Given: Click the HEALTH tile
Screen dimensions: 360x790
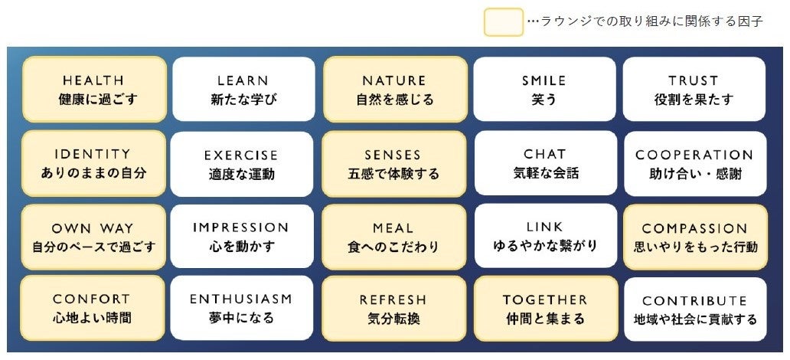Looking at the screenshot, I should point(93,90).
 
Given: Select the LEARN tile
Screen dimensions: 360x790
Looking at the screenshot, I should point(243,90).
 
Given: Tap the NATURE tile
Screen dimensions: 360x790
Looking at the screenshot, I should point(394,90).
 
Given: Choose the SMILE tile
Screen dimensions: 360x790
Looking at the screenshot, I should point(544,90).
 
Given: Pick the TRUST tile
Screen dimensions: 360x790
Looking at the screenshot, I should point(694,90).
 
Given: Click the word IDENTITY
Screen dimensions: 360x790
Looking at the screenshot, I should point(93,154).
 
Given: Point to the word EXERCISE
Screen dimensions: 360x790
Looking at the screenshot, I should point(241,155).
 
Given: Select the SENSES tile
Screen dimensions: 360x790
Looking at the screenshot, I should point(393,164).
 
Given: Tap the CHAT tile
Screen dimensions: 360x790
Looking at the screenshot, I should point(545,163).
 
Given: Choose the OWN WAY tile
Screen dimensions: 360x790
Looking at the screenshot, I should point(93,237).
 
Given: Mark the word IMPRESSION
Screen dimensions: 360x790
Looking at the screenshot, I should point(241,227).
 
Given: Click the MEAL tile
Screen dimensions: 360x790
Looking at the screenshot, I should point(393,237).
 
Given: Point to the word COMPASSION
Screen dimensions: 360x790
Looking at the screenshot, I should point(694,228).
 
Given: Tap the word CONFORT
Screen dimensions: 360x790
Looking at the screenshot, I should point(92,299).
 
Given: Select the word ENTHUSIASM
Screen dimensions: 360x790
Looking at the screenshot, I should point(241,299).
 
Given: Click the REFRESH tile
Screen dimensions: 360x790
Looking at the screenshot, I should point(393,309).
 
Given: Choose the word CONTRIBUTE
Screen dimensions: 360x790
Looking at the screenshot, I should point(694,301).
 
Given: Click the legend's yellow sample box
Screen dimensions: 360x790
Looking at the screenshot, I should point(503,21).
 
